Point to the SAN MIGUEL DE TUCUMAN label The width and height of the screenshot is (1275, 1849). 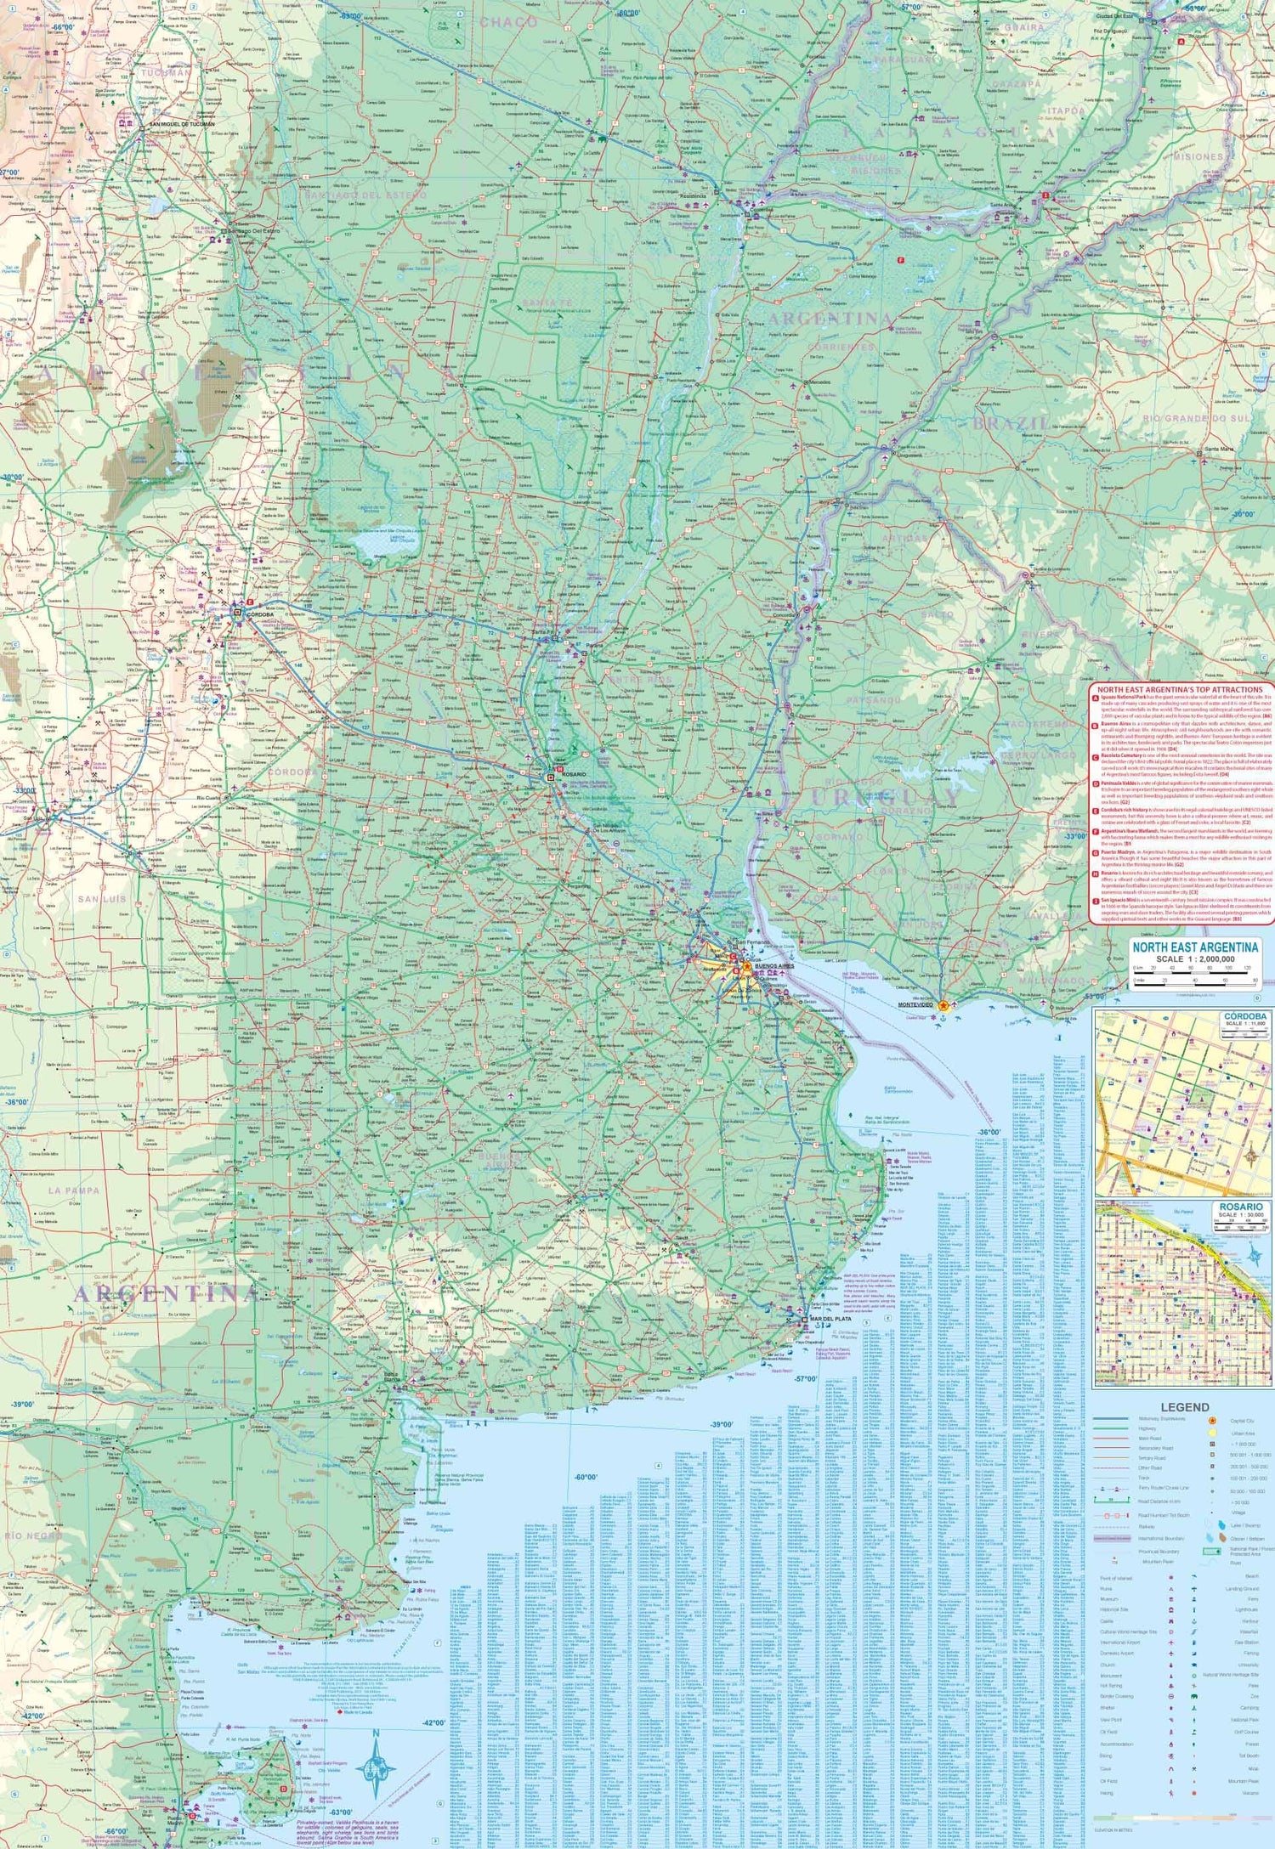click(182, 124)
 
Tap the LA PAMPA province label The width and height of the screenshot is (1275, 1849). click(74, 1190)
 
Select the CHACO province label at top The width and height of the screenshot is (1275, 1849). click(508, 22)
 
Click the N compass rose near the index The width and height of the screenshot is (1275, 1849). click(375, 1769)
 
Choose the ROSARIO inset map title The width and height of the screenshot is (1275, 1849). click(1240, 1207)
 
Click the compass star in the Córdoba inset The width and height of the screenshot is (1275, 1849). click(1252, 1156)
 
